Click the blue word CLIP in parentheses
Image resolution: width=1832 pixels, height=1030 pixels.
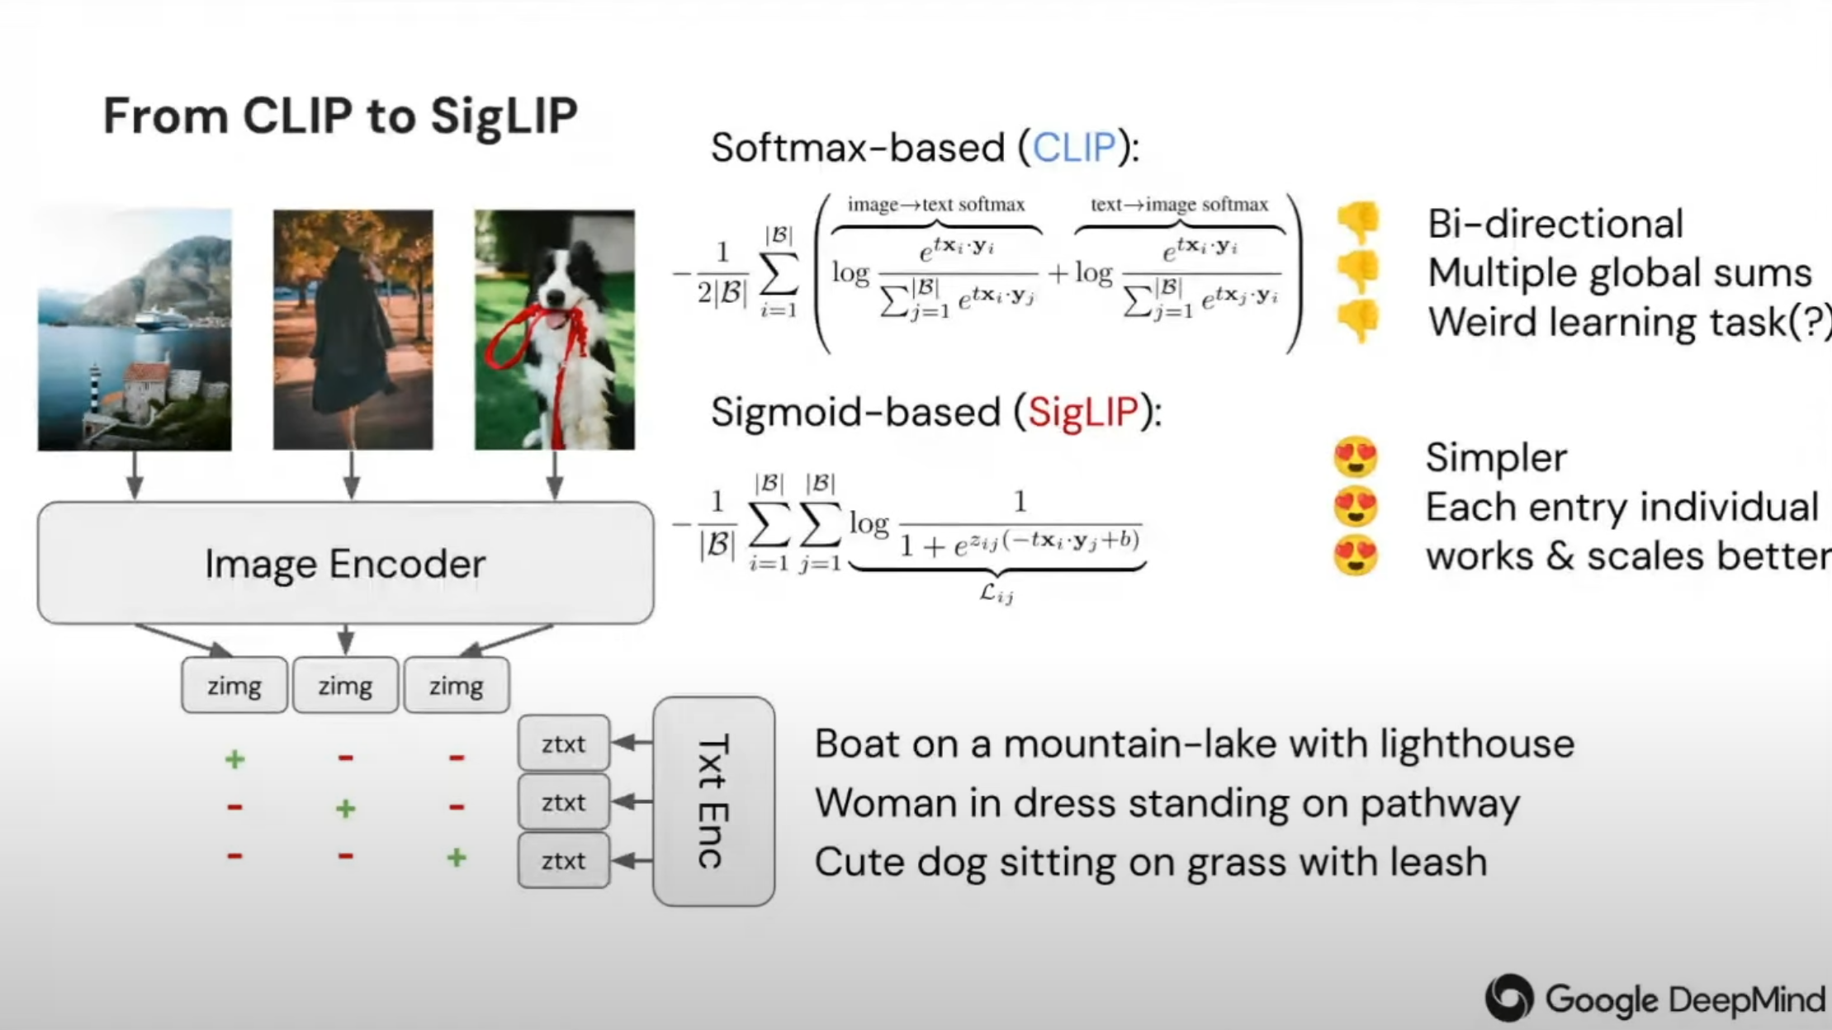point(1074,148)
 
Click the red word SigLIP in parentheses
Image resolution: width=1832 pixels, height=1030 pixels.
point(1083,411)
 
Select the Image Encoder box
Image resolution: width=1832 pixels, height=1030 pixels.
point(345,563)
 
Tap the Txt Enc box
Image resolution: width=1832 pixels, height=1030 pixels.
point(714,801)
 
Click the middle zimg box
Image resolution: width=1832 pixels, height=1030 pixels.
point(345,685)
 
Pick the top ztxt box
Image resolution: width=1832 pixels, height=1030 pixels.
point(564,744)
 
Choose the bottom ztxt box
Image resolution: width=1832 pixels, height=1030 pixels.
point(564,861)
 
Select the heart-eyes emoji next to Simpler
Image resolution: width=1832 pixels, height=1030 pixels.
point(1356,456)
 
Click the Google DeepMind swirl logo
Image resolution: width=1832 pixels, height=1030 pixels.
point(1509,998)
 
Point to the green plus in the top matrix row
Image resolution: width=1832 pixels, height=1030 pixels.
point(235,758)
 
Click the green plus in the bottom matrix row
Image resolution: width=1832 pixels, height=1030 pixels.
point(457,858)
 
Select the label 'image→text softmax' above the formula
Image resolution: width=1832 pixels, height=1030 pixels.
point(936,205)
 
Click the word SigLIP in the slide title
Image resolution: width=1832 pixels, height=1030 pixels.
point(504,115)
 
